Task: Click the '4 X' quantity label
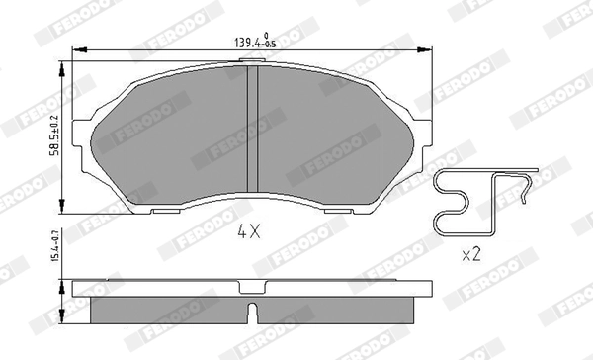click(247, 234)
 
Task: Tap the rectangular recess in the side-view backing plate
click(252, 290)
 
